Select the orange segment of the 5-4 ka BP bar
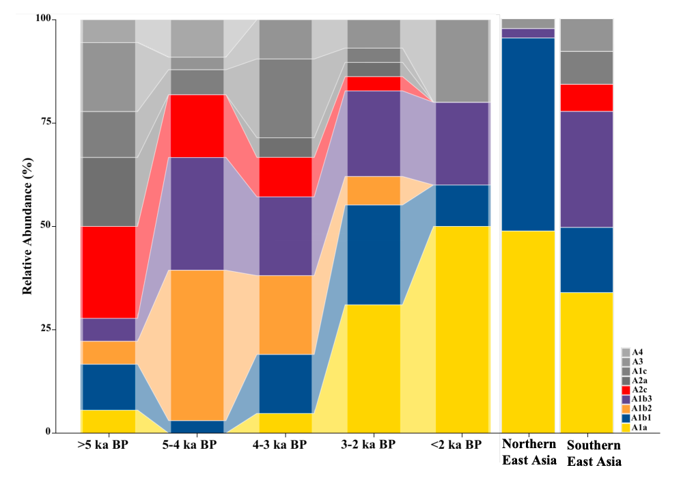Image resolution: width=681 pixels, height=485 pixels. tap(197, 345)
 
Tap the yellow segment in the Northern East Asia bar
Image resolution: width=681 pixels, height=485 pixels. tap(528, 331)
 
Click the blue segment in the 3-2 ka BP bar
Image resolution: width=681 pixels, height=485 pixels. tap(374, 254)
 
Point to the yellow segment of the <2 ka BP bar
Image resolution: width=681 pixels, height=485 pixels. tap(462, 329)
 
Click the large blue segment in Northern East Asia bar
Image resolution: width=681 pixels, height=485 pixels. tap(528, 134)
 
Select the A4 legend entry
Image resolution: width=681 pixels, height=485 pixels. tap(638, 351)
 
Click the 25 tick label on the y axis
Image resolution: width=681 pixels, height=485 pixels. tap(45, 329)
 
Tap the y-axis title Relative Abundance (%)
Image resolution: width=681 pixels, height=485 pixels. tap(27, 225)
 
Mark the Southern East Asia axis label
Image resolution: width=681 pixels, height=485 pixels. tap(594, 453)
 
